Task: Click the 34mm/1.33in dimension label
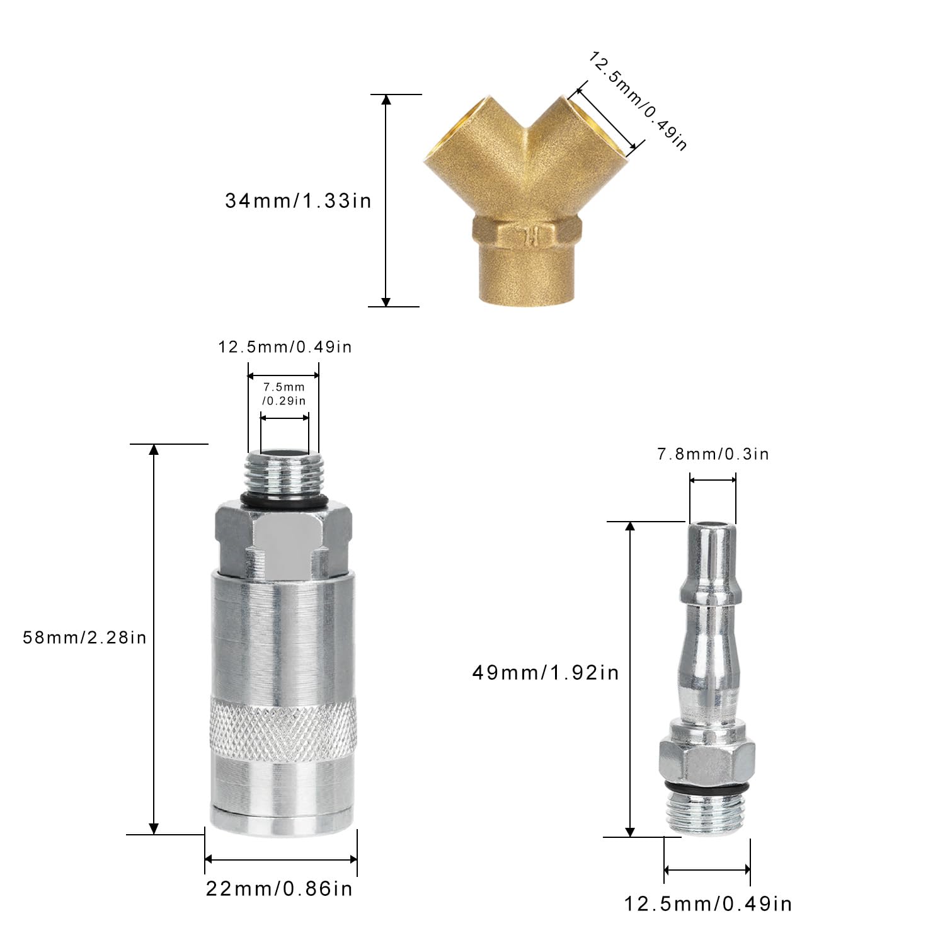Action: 298,201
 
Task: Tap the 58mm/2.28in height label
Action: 84,638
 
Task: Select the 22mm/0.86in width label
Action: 279,888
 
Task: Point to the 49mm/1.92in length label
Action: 546,673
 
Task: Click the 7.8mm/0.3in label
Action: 713,454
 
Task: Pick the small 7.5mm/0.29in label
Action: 284,394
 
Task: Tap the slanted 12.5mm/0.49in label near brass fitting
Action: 638,101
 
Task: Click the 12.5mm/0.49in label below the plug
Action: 708,904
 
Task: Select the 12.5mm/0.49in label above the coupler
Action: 285,346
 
